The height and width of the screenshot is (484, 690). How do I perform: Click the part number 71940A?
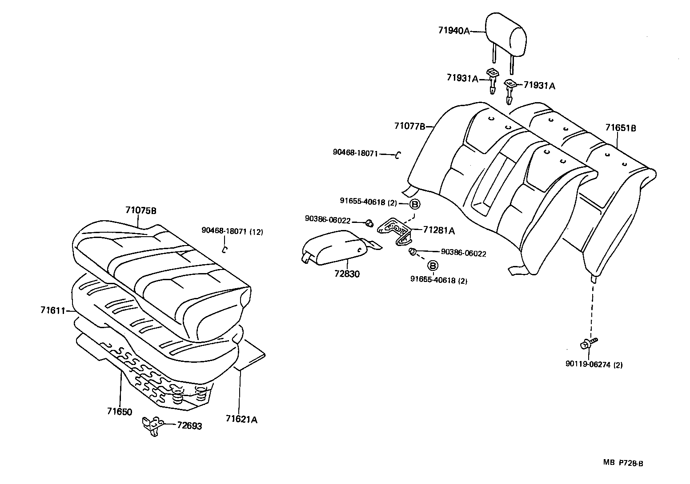tap(454, 31)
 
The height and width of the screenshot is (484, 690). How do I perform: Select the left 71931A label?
tap(462, 79)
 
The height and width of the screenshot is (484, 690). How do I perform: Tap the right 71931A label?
tap(539, 86)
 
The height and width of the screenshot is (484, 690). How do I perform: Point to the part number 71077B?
tap(409, 126)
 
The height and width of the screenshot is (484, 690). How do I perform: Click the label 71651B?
tap(620, 128)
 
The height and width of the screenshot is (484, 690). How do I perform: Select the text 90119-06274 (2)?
tap(594, 365)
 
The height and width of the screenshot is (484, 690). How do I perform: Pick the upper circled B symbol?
tap(414, 204)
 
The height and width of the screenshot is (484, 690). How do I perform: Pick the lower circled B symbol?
tap(432, 265)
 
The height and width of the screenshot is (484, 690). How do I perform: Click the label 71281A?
tap(439, 230)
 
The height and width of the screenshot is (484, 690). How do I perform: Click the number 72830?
tap(347, 274)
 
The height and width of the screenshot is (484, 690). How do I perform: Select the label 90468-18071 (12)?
tap(232, 230)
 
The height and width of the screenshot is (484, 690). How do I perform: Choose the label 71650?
tap(119, 412)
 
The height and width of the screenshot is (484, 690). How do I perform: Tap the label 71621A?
tap(241, 419)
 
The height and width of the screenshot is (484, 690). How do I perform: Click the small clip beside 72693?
tap(151, 425)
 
